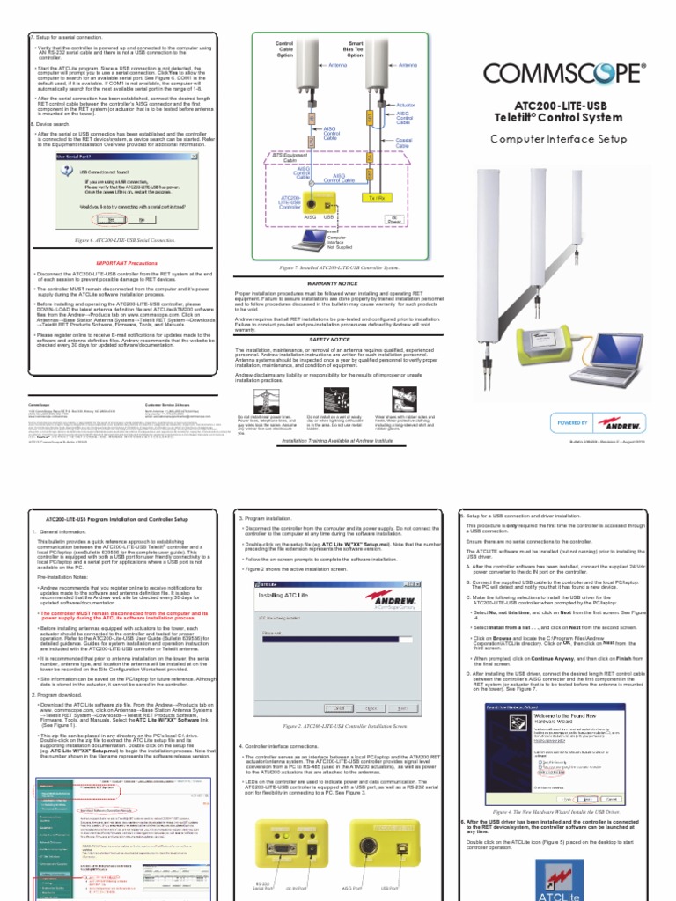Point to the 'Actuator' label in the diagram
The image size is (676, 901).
click(406, 105)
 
